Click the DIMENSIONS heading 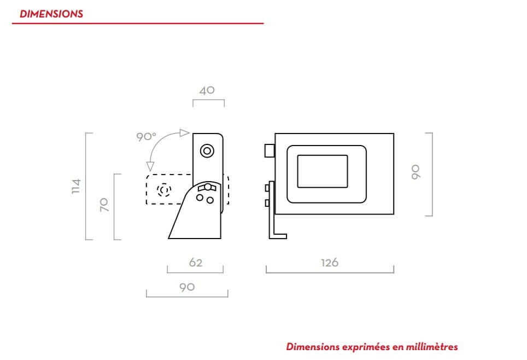51,14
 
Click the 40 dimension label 207,90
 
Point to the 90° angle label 146,137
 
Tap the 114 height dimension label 76,186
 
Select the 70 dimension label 104,205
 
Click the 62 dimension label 196,263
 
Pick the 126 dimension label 330,263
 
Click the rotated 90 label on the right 415,173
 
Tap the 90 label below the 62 187,287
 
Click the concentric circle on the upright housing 207,150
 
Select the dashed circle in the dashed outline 163,190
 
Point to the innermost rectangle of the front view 322,170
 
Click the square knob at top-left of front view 269,150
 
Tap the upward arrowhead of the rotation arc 184,133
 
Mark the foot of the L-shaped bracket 279,236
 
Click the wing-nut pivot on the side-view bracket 207,187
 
